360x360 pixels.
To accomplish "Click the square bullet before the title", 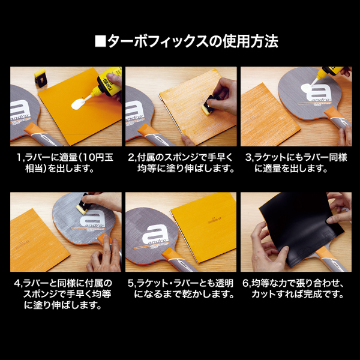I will (x=100, y=42).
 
